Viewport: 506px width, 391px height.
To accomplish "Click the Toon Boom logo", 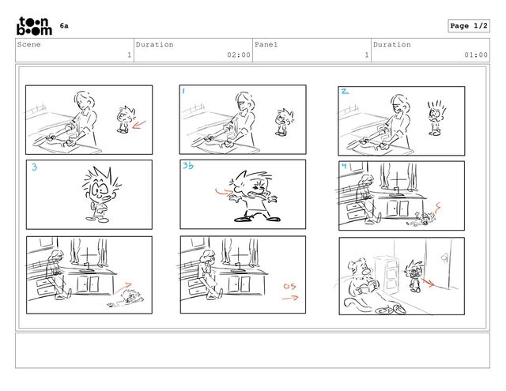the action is [x=34, y=26].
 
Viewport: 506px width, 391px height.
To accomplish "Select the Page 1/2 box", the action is [x=469, y=26].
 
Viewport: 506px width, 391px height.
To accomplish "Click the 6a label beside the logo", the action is [x=64, y=25].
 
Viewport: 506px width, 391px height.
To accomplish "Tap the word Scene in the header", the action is [x=28, y=44].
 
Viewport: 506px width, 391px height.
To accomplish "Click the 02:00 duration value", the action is [x=239, y=55].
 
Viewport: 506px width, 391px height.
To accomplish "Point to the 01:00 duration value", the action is [x=476, y=55].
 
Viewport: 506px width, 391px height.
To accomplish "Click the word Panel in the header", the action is [x=266, y=44].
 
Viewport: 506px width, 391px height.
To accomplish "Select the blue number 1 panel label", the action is [x=183, y=91].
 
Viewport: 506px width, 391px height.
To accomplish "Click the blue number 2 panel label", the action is [x=345, y=92].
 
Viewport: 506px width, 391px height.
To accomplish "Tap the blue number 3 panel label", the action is [x=35, y=167].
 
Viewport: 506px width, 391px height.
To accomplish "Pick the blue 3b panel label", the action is [x=188, y=165].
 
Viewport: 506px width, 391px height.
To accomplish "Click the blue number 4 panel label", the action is [x=345, y=166].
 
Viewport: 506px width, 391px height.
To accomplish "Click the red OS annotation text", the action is [x=289, y=286].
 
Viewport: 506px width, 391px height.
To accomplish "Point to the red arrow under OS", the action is [x=290, y=298].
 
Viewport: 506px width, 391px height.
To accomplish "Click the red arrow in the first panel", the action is [x=139, y=125].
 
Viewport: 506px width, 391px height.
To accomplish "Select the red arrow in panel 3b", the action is [x=223, y=192].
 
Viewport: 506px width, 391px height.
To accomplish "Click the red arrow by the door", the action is [x=428, y=282].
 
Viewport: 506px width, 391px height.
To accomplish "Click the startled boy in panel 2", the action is [x=436, y=118].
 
